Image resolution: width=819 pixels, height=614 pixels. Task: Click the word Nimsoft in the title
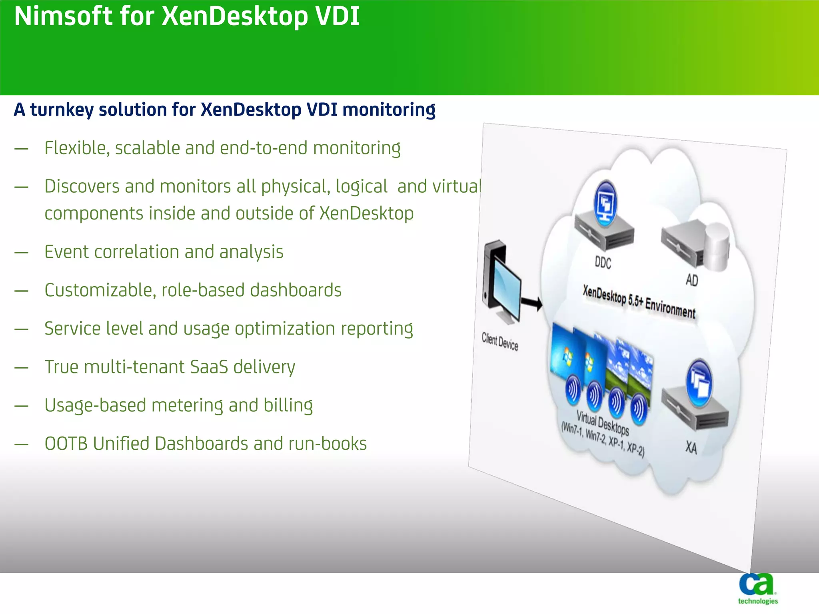coord(63,17)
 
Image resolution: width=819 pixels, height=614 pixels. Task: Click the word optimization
coord(285,329)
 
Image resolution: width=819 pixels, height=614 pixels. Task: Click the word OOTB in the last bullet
coord(66,444)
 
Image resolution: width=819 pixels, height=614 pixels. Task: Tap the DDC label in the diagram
coord(603,263)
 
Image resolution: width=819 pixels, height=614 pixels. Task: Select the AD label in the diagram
coord(691,280)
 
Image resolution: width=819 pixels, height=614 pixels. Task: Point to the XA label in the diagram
coord(691,447)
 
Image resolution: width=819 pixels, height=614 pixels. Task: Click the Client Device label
coord(499,341)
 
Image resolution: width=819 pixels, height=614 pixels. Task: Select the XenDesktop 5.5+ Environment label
coord(639,302)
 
